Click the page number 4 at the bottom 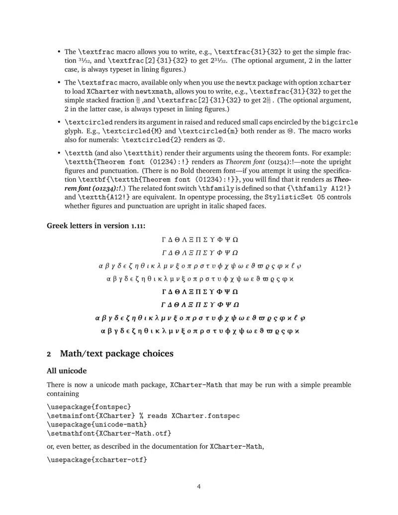199,487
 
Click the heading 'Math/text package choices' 116,354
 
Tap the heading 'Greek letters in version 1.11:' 96,225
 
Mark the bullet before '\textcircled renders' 59,122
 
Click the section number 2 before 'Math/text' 49,355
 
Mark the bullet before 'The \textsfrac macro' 59,82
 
